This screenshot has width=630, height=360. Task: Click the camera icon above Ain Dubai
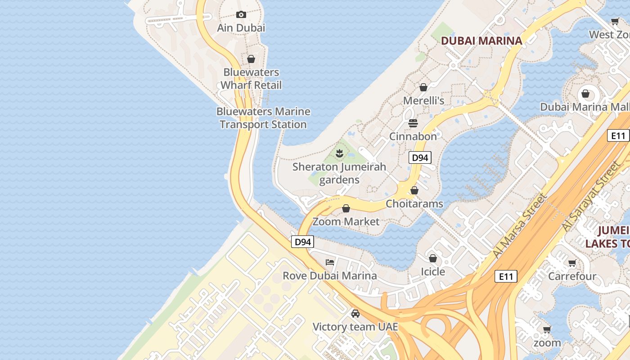pyautogui.click(x=241, y=15)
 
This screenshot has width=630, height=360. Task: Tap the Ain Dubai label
pyautogui.click(x=241, y=28)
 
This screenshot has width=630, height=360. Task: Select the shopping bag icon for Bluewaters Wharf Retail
pyautogui.click(x=251, y=59)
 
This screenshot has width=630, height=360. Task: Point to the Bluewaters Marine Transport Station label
pyautogui.click(x=263, y=118)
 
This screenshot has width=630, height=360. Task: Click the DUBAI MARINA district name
pyautogui.click(x=481, y=41)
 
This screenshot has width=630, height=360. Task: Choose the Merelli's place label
pyautogui.click(x=423, y=101)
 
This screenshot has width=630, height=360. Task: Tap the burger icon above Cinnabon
pyautogui.click(x=413, y=123)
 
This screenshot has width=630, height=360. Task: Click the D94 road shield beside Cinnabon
pyautogui.click(x=420, y=157)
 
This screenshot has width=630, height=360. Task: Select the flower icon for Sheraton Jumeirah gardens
pyautogui.click(x=340, y=154)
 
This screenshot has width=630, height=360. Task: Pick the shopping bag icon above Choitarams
pyautogui.click(x=414, y=190)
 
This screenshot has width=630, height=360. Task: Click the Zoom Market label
pyautogui.click(x=346, y=221)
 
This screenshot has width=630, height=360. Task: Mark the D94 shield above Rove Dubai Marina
pyautogui.click(x=302, y=242)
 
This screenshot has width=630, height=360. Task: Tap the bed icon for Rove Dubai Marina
pyautogui.click(x=330, y=262)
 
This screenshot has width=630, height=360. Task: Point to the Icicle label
pyautogui.click(x=433, y=272)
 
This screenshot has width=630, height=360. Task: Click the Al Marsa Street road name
pyautogui.click(x=520, y=226)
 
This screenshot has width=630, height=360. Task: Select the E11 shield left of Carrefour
pyautogui.click(x=506, y=276)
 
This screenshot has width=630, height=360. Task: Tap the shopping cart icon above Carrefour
pyautogui.click(x=572, y=263)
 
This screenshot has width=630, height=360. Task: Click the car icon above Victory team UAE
pyautogui.click(x=355, y=314)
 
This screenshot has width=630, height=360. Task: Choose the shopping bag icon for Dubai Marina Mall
pyautogui.click(x=585, y=94)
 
